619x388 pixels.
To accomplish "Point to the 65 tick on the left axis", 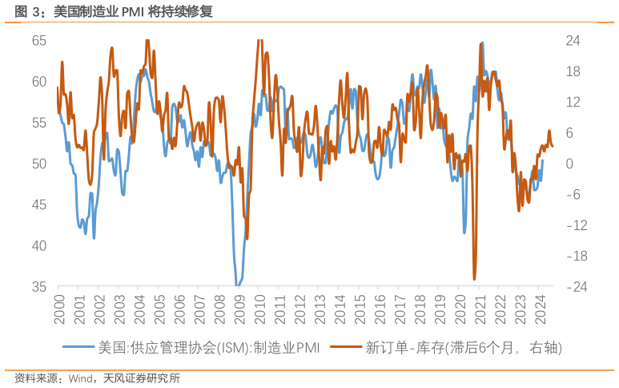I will pos(39,41).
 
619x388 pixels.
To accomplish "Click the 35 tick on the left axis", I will pos(39,286).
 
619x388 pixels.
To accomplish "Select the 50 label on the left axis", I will pos(39,164).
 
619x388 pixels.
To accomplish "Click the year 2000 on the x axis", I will pos(59,308).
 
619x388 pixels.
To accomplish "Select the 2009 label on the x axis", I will pos(239,308).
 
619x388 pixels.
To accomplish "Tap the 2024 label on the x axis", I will pos(540,308).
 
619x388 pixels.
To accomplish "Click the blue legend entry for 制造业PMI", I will pos(209,348).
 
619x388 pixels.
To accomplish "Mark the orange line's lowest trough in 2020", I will pos(474,279).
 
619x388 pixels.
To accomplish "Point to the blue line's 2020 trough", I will pos(464,233).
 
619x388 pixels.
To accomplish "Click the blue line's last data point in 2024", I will pos(542,160).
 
